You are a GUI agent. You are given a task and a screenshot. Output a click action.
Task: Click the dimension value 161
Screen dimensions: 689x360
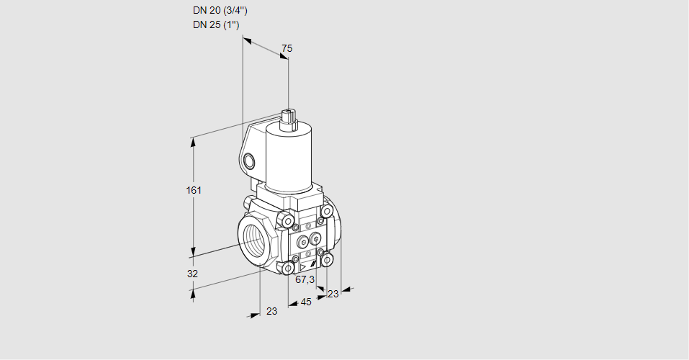tap(194, 190)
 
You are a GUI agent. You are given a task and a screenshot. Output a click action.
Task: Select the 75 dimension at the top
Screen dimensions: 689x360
tap(287, 48)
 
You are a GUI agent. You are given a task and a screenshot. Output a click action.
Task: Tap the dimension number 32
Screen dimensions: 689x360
tap(192, 274)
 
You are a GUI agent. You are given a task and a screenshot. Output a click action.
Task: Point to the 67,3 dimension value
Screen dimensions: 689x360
tap(305, 279)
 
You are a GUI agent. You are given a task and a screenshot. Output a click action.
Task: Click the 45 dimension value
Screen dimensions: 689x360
tap(306, 302)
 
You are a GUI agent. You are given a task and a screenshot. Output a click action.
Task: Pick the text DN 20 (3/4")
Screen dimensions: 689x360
tap(220, 11)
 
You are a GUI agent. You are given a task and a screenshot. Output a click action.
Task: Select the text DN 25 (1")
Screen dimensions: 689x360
tap(216, 24)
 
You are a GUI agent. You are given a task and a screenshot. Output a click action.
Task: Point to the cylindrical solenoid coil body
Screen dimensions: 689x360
tap(288, 158)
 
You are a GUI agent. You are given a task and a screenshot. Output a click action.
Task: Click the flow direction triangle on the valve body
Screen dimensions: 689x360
tap(303, 267)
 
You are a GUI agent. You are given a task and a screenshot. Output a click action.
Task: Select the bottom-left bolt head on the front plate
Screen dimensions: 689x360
tap(288, 267)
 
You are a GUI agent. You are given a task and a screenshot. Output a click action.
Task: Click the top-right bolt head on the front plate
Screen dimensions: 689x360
tap(326, 212)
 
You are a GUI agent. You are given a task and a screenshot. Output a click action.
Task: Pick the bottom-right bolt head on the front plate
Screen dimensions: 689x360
tap(327, 260)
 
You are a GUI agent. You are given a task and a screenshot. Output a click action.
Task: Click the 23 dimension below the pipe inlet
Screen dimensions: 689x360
tap(272, 311)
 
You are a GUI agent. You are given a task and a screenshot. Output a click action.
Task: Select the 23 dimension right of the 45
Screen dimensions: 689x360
tap(333, 294)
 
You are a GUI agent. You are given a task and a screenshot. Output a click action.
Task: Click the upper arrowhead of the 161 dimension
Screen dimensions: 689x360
tap(192, 142)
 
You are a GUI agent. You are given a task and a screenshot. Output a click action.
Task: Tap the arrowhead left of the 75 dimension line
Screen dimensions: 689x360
tap(248, 41)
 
